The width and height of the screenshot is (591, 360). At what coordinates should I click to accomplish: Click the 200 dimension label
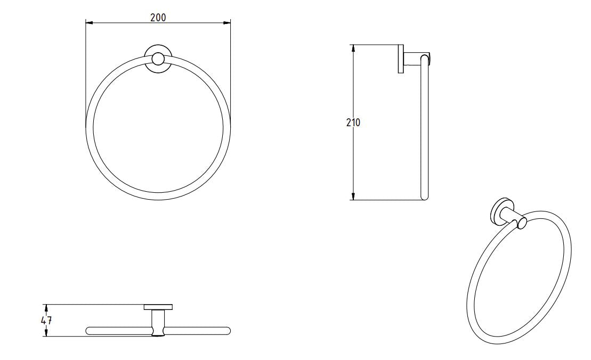click(158, 17)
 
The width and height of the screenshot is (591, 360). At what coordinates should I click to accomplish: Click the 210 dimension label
click(353, 122)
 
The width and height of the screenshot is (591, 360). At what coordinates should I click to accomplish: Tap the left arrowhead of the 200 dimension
click(89, 22)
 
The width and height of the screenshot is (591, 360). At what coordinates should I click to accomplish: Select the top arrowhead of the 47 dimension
click(46, 307)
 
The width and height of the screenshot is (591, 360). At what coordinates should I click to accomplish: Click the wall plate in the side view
click(400, 59)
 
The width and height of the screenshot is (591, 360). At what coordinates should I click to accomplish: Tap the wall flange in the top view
click(158, 307)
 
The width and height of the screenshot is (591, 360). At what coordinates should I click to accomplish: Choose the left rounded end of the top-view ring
click(89, 331)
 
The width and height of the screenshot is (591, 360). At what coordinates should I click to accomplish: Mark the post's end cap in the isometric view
click(522, 223)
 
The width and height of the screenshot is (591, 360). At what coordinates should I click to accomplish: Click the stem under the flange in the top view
click(158, 320)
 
